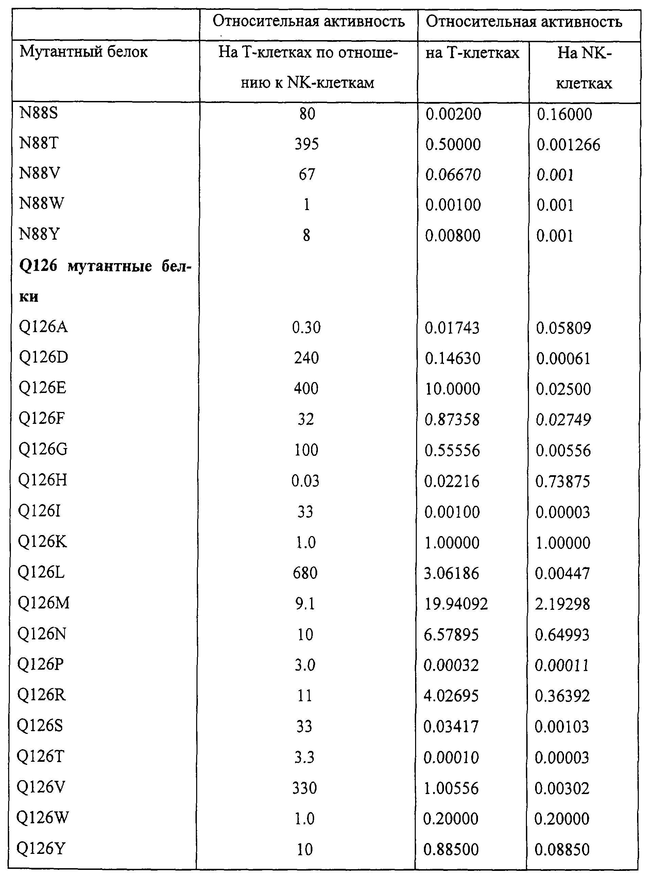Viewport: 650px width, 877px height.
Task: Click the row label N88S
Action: (38, 113)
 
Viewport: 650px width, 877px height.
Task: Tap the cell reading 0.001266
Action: (568, 145)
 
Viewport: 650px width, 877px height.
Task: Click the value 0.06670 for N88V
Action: (453, 174)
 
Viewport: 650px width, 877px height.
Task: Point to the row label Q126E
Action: (42, 388)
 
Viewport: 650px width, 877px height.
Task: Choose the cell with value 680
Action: (305, 573)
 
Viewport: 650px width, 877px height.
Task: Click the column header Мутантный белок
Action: (83, 52)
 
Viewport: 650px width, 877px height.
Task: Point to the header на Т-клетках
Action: (472, 53)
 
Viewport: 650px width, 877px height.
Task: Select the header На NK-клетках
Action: (584, 68)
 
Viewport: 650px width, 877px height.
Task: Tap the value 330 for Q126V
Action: (305, 788)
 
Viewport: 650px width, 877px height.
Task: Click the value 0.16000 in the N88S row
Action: (564, 114)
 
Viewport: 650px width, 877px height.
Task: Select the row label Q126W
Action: (42, 818)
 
